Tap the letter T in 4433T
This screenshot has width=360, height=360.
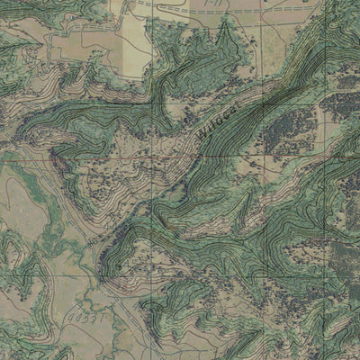coord(103,314)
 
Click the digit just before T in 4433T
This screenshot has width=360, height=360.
coord(95,316)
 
